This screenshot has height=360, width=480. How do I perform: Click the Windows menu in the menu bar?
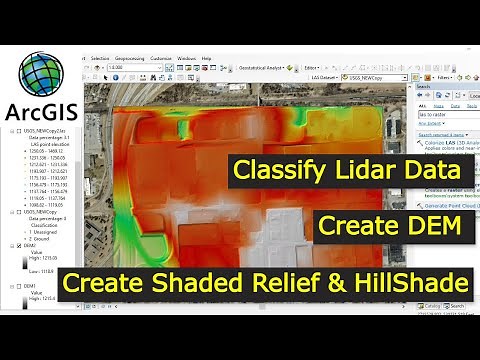186,59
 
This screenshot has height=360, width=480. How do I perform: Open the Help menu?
206,59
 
